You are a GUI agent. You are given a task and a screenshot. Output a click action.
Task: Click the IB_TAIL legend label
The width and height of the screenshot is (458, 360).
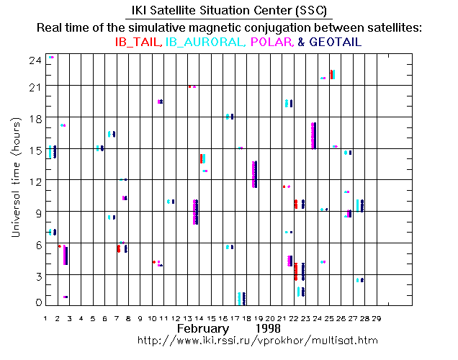point(138,42)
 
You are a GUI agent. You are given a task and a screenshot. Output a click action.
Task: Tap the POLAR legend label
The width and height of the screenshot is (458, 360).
point(271,42)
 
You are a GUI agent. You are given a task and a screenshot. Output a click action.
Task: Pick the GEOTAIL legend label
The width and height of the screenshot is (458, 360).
point(335,42)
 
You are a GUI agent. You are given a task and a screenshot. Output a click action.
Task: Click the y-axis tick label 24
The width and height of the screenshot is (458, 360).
point(34,60)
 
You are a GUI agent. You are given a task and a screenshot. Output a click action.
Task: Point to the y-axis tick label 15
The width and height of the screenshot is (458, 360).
point(34,149)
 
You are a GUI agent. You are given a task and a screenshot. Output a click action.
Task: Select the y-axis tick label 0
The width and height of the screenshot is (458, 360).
point(37,302)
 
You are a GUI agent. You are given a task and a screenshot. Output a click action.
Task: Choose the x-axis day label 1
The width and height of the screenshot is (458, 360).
point(45,316)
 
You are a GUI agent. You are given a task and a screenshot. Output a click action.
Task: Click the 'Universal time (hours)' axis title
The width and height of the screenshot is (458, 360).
point(15,180)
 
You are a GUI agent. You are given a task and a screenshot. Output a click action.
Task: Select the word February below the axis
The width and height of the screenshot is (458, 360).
point(205,328)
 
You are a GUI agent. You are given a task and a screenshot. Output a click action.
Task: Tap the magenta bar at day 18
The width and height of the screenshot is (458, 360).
point(254,174)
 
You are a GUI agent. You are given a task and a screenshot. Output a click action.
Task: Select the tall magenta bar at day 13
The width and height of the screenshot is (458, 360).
point(195,212)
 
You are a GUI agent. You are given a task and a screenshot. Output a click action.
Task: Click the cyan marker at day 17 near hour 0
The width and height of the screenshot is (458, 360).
point(239,298)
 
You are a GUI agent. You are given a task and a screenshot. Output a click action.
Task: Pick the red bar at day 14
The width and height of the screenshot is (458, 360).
point(201,158)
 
